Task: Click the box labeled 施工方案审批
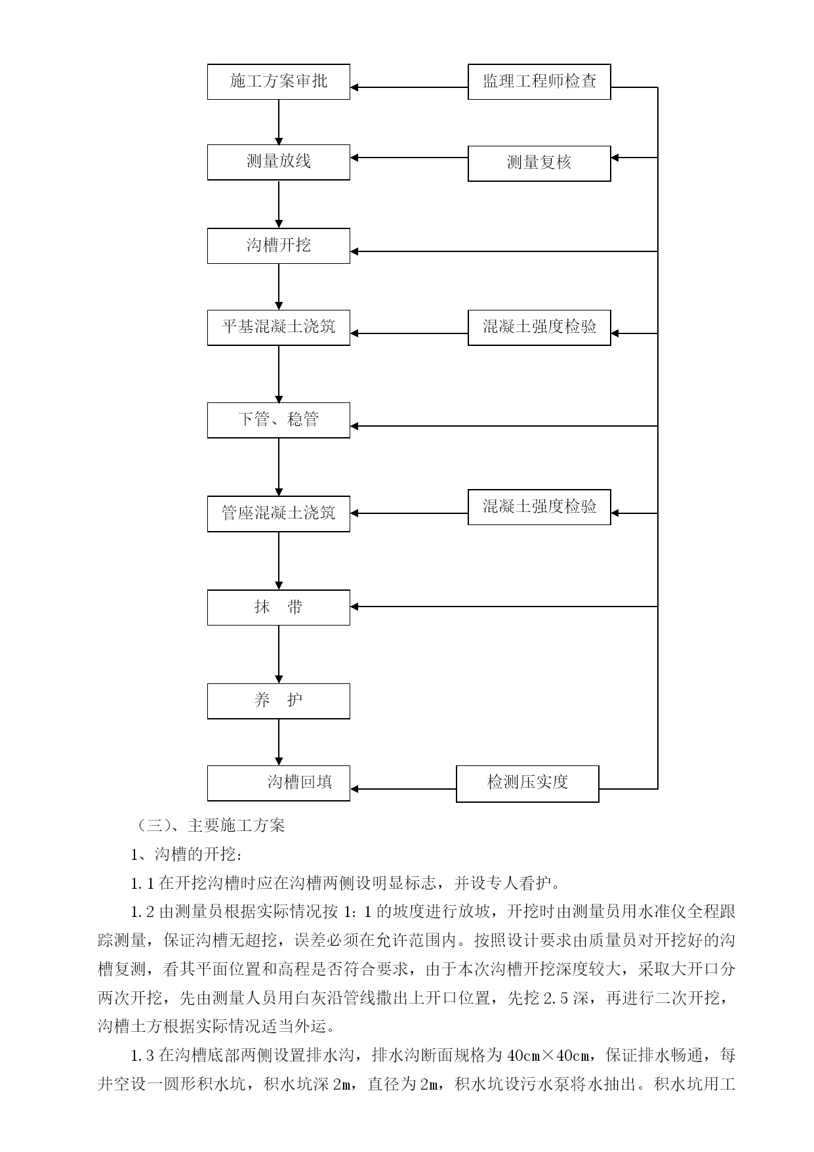point(279,82)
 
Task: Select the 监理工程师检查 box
point(539,82)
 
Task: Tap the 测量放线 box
point(279,162)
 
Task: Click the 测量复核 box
point(539,163)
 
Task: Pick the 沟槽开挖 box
point(279,246)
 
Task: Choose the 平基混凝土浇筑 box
point(279,328)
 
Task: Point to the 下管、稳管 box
point(279,420)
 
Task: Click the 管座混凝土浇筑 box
point(279,514)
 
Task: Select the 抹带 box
point(279,607)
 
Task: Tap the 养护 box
point(279,701)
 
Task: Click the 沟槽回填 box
point(279,783)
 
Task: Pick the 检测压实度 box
point(527,784)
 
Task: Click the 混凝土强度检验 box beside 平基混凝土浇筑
point(539,328)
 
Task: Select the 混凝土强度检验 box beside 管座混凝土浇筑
point(539,507)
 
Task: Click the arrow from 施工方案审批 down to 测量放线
point(279,123)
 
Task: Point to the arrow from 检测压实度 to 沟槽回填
point(403,789)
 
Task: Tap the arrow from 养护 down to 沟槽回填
point(279,742)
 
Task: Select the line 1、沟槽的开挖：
point(187,855)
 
